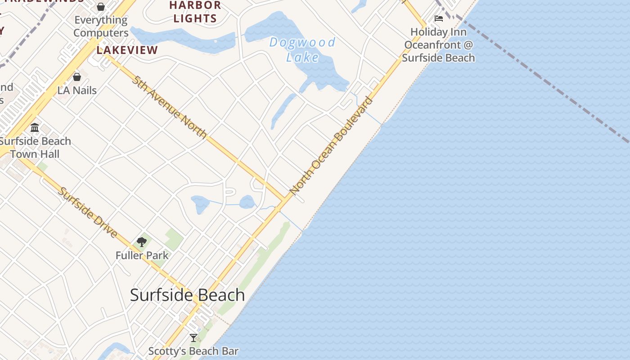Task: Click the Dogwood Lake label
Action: (302, 49)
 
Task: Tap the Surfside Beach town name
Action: (187, 295)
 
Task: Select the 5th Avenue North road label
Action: (170, 107)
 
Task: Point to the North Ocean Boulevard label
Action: (332, 145)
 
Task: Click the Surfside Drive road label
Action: (88, 212)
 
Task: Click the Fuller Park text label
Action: (142, 256)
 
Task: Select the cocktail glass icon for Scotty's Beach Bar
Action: (193, 338)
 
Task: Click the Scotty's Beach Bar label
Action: (193, 351)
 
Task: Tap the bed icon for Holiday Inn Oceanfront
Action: (439, 18)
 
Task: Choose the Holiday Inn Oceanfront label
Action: (438, 45)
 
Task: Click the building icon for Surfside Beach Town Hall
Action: (35, 128)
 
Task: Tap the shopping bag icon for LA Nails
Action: (77, 77)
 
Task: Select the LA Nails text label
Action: (77, 90)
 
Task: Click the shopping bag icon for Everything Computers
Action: (101, 7)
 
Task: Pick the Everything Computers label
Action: (101, 27)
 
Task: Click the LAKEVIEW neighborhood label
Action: (127, 50)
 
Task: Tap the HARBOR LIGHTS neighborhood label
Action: (195, 12)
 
